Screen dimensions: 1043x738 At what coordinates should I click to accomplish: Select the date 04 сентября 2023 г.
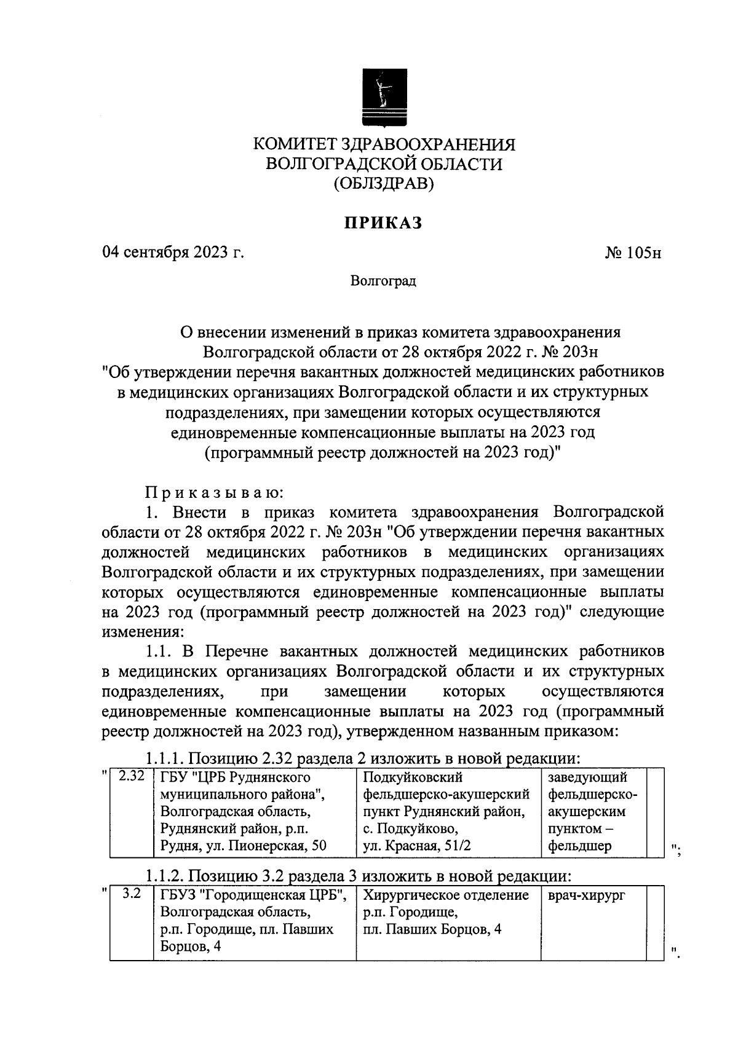click(x=173, y=253)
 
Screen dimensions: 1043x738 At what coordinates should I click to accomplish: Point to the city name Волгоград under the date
click(x=383, y=281)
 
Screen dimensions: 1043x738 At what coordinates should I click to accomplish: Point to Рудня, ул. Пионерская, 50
click(x=243, y=846)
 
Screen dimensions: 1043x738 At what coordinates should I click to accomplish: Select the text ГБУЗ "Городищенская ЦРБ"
click(x=253, y=895)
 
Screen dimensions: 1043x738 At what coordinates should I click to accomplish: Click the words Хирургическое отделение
click(x=446, y=895)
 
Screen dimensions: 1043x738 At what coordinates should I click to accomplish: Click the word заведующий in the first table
click(x=587, y=777)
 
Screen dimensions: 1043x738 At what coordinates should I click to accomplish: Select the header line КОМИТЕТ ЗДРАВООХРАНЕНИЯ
click(x=385, y=145)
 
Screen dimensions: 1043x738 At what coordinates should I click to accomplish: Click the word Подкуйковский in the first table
click(x=413, y=777)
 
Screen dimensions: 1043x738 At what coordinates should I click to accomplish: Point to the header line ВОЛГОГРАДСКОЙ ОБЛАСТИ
click(x=384, y=164)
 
